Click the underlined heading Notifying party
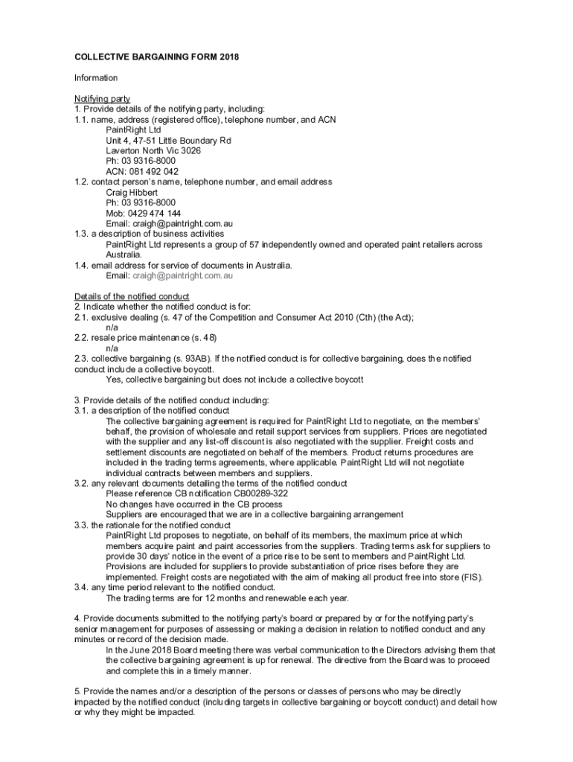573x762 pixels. coord(102,99)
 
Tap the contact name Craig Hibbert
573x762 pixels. coord(132,192)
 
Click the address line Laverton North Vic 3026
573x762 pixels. coord(153,150)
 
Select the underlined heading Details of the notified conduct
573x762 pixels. coord(132,296)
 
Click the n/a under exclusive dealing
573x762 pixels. coord(112,327)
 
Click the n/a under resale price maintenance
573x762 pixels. coord(112,348)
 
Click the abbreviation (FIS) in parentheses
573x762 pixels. coord(470,577)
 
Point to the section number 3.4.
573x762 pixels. coord(81,587)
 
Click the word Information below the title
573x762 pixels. coord(95,78)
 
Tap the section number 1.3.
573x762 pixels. coord(81,234)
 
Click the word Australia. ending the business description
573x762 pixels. coord(124,254)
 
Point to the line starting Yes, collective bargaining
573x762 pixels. coord(234,380)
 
